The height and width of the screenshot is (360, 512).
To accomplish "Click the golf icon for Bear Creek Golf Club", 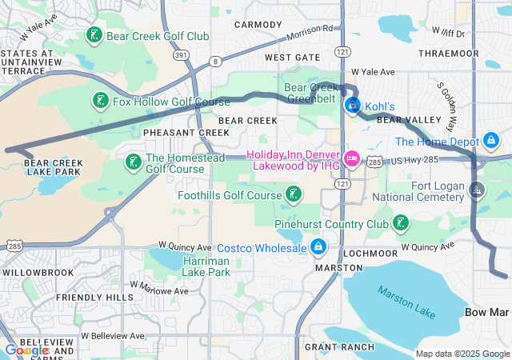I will pos(94,36).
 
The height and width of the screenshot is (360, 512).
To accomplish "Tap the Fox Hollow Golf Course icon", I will pos(100,102).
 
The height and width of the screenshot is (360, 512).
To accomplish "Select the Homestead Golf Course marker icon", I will pos(133,163).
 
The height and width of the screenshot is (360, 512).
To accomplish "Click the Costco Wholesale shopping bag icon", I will pos(318,247).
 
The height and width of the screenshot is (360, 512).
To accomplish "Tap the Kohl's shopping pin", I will pos(352,105).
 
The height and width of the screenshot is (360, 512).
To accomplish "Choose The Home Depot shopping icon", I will pos(491,142).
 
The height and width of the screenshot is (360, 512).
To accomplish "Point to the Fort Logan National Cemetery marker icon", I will pos(478,190).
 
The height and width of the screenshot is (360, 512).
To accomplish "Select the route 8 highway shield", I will pos(215,62).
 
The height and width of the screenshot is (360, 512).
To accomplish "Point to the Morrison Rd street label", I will pos(309,38).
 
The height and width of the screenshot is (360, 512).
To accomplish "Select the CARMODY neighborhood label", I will pos(258,25).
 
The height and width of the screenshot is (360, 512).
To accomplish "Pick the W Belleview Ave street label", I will pos(112,335).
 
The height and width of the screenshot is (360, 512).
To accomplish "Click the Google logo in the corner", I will pos(26,350).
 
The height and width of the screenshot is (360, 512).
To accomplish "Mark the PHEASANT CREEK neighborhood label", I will pos(175,132).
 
